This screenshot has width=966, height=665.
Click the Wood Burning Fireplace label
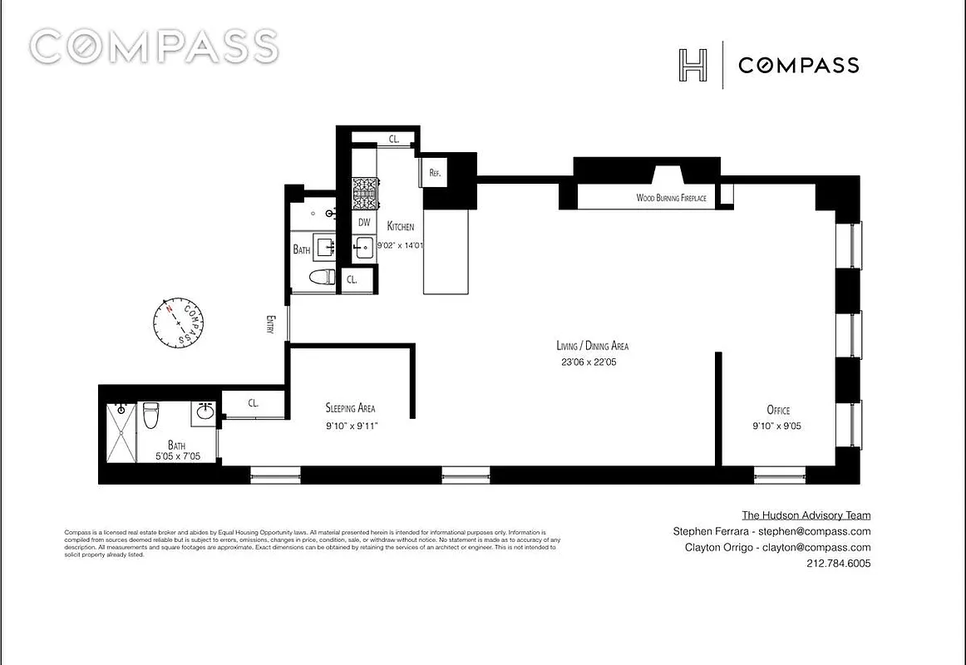pyautogui.click(x=671, y=198)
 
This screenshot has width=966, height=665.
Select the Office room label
pyautogui.click(x=778, y=410)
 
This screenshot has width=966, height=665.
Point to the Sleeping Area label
pyautogui.click(x=349, y=408)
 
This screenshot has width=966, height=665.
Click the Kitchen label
pyautogui.click(x=400, y=226)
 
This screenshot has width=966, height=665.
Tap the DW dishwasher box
pyautogui.click(x=364, y=223)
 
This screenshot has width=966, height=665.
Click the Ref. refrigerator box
pyautogui.click(x=434, y=173)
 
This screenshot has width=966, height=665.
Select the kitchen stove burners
pyautogui.click(x=364, y=195)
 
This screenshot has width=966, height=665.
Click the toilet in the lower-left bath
pyautogui.click(x=150, y=415)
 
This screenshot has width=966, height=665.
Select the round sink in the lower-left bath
pyautogui.click(x=205, y=411)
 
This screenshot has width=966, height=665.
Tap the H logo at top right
pyautogui.click(x=692, y=65)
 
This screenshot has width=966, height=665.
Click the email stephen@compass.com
pyautogui.click(x=818, y=532)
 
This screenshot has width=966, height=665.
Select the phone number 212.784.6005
pyautogui.click(x=838, y=564)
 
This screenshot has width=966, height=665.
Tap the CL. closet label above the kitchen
pyautogui.click(x=394, y=140)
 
